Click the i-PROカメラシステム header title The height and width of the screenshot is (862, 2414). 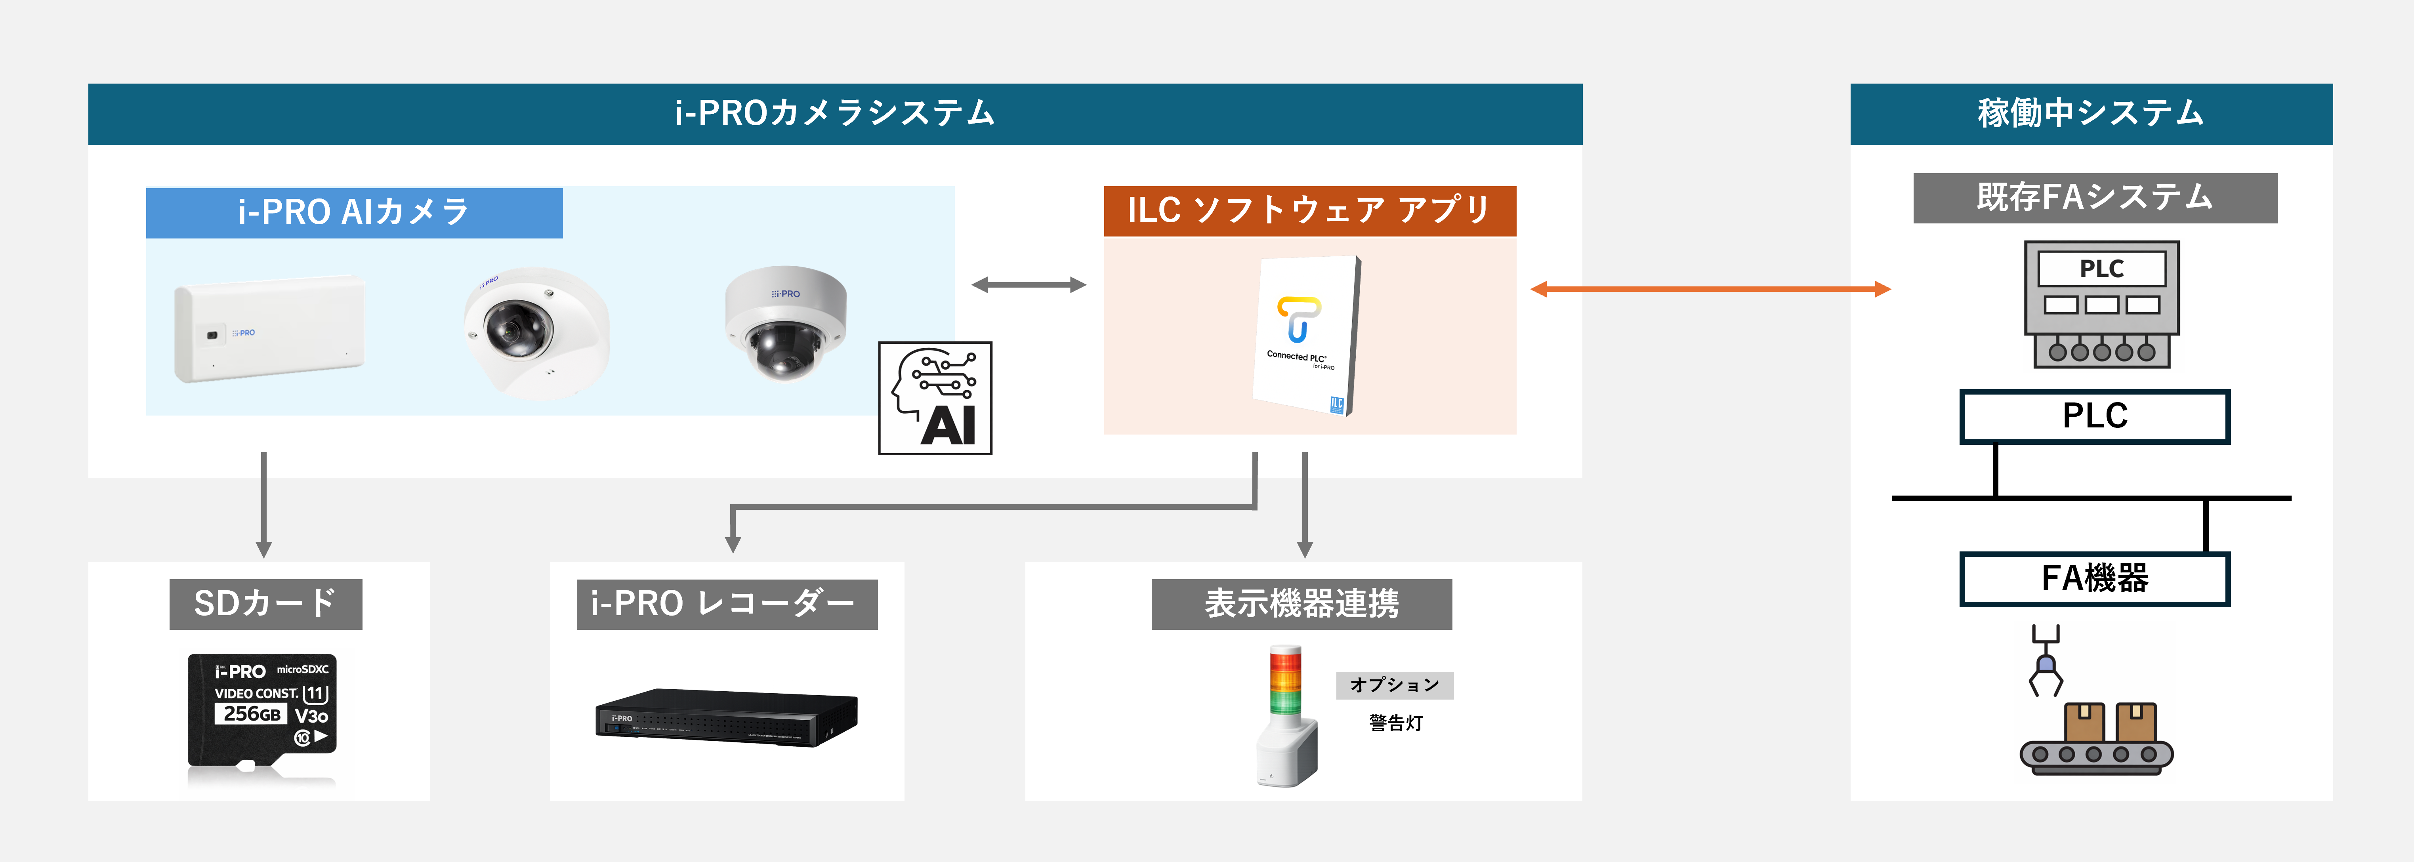point(834,113)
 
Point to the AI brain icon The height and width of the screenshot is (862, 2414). point(934,398)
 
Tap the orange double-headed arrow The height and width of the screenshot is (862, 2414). point(1710,290)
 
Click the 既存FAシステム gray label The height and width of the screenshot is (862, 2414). point(2094,198)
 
